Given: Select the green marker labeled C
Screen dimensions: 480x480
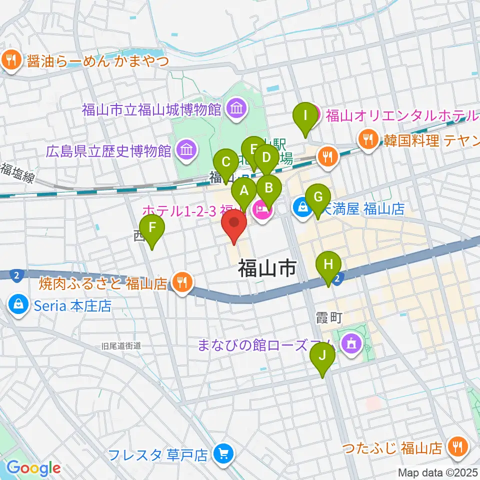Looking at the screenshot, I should [225, 163].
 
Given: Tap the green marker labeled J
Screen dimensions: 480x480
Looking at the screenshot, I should [322, 356].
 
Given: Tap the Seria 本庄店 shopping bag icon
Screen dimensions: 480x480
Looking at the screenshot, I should [18, 305].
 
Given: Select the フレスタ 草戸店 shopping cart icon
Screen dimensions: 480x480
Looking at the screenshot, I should [221, 454].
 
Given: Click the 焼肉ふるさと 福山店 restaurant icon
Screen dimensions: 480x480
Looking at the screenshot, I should [181, 283].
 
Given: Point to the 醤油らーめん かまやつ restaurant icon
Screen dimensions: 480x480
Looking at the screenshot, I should [10, 60].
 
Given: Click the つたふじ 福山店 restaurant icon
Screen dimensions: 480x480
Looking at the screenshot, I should [457, 445].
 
